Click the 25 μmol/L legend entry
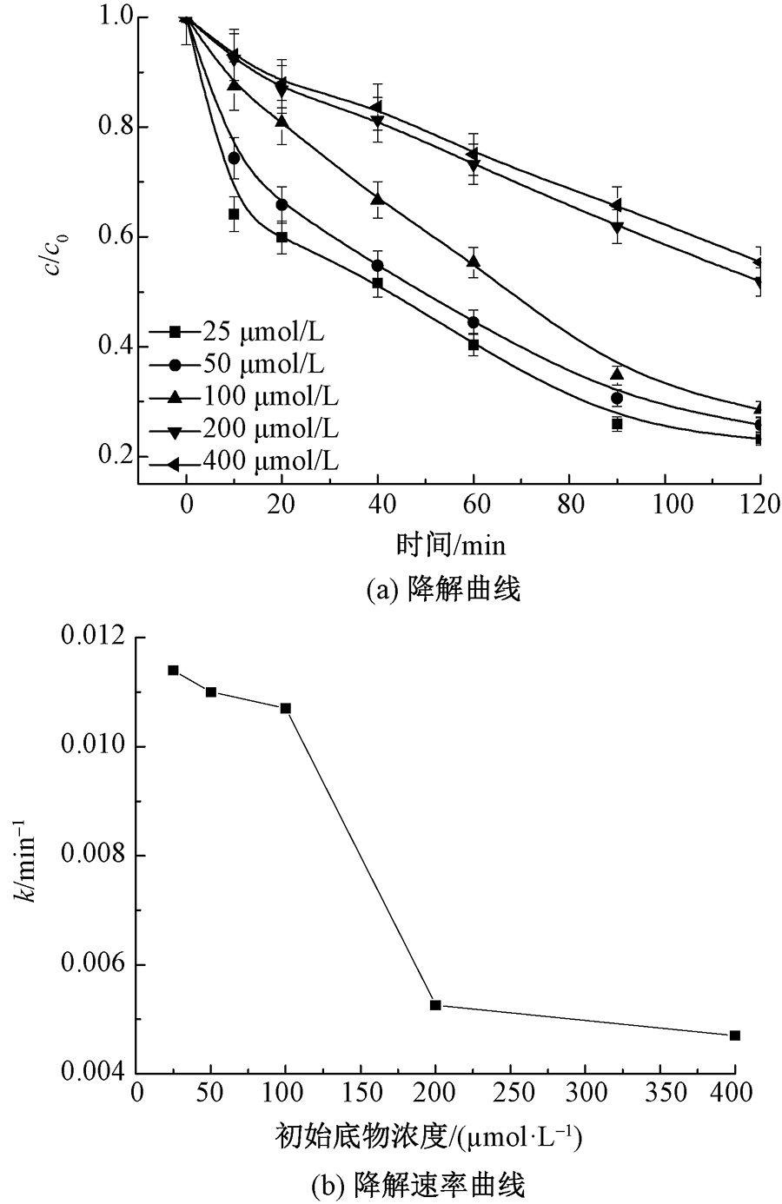tap(243, 331)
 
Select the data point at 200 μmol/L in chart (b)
tap(435, 1005)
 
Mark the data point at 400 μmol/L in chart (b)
tap(735, 1035)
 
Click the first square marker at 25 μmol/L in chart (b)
tap(173, 670)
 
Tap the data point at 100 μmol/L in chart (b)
tap(286, 708)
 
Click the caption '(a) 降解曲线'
tap(444, 590)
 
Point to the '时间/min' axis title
tap(450, 545)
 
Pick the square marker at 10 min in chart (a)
tap(234, 214)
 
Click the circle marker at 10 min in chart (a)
tap(234, 158)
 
